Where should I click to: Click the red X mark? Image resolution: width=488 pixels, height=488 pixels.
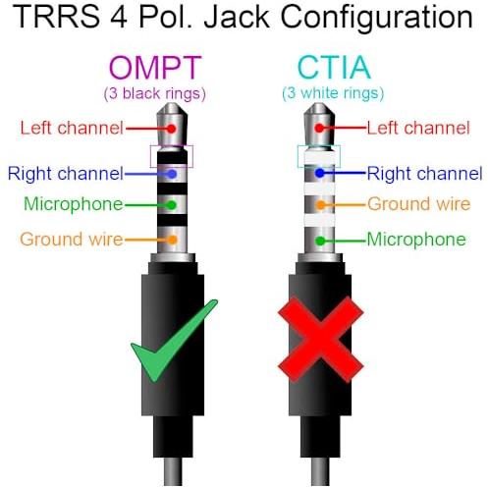pyautogui.click(x=321, y=340)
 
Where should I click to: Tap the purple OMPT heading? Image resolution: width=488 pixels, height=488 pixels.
pyautogui.click(x=155, y=68)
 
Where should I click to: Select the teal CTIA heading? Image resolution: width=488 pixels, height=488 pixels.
pyautogui.click(x=334, y=67)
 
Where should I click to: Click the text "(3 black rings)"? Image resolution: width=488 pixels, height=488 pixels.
pyautogui.click(x=155, y=93)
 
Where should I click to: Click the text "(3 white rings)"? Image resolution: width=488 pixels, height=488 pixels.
pyautogui.click(x=333, y=93)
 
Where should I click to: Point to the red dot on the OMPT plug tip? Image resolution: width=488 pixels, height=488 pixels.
pyautogui.click(x=171, y=129)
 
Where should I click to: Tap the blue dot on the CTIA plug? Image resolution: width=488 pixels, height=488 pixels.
pyautogui.click(x=320, y=173)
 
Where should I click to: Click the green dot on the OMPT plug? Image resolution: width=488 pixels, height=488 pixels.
pyautogui.click(x=172, y=205)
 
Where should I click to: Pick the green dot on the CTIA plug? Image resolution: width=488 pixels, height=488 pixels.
pyautogui.click(x=320, y=242)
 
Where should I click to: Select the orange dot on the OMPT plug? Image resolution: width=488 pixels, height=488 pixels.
pyautogui.click(x=173, y=240)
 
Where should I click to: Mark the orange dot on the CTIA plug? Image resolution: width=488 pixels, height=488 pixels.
pyautogui.click(x=321, y=205)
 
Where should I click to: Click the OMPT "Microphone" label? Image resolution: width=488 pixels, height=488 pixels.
pyautogui.click(x=74, y=205)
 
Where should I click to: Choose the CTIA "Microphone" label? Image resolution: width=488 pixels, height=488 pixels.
pyautogui.click(x=416, y=240)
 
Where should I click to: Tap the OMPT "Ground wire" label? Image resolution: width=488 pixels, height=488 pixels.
pyautogui.click(x=72, y=240)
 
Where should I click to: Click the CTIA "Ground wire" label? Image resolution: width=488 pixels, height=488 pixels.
pyautogui.click(x=419, y=204)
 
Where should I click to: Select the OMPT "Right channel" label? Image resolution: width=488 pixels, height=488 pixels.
pyautogui.click(x=66, y=174)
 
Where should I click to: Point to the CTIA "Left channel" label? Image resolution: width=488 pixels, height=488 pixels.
pyautogui.click(x=418, y=128)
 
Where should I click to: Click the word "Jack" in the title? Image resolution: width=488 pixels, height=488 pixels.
pyautogui.click(x=237, y=17)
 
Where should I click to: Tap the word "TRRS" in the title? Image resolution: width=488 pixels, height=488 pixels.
pyautogui.click(x=56, y=17)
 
